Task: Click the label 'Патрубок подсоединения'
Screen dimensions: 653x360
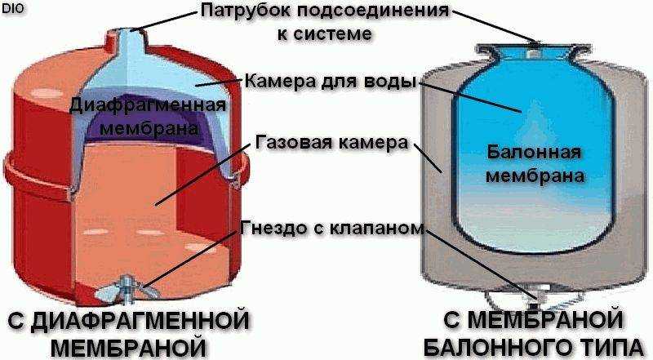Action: [325, 11]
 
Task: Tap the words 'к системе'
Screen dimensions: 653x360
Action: [324, 33]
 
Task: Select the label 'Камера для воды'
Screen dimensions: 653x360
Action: [331, 81]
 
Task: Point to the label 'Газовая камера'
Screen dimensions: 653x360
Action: [331, 143]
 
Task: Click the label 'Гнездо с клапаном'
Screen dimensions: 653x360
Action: [332, 229]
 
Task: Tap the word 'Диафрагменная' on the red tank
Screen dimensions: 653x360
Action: [148, 105]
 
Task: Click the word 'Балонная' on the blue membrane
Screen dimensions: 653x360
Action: [534, 153]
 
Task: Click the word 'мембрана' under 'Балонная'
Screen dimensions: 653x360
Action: [535, 176]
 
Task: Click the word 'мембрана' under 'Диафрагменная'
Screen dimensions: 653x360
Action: [149, 128]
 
